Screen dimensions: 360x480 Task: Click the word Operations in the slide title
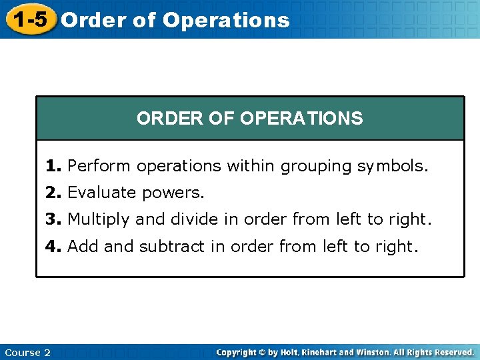226,21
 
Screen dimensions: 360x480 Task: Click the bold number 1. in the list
54,165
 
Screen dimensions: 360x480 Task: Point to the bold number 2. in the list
54,193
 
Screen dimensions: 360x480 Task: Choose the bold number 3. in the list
54,219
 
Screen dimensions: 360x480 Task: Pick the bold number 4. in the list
54,246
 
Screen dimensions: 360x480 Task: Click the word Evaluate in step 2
101,193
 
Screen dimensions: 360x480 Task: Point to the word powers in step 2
174,193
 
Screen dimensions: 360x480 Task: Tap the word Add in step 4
83,246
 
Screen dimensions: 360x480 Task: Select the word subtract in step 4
172,246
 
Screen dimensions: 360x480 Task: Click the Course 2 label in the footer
27,352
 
